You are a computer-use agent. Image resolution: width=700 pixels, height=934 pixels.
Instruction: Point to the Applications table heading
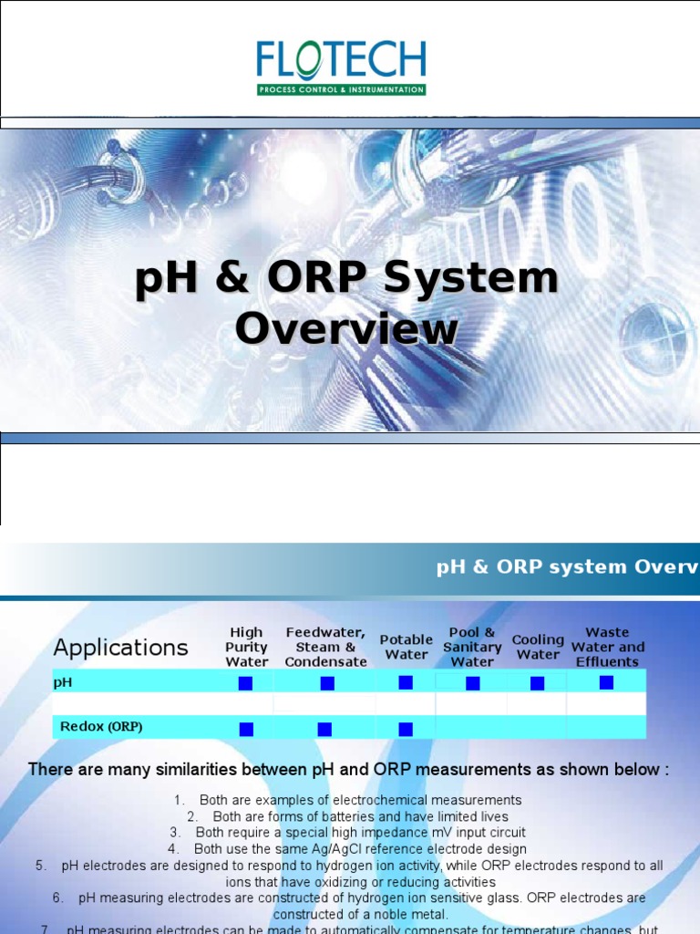120,648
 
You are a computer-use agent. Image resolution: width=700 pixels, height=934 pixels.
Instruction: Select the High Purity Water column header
246,647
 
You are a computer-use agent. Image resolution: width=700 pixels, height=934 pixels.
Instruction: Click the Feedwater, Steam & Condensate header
325,647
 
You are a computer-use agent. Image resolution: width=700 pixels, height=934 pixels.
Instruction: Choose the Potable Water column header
406,647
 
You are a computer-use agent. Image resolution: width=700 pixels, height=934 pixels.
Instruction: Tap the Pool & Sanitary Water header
472,647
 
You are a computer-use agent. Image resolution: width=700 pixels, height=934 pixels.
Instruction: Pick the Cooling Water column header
538,647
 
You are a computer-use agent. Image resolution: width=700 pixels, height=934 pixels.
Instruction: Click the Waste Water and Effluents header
607,647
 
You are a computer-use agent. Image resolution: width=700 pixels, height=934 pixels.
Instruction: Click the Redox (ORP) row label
101,727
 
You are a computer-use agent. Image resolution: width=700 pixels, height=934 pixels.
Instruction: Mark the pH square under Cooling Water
537,683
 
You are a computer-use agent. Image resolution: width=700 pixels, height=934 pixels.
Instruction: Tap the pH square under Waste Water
606,682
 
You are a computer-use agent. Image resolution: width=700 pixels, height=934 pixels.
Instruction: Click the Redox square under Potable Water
406,729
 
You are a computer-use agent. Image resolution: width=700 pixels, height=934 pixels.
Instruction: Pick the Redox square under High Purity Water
246,729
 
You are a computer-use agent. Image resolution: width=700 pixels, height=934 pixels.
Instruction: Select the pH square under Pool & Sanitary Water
472,683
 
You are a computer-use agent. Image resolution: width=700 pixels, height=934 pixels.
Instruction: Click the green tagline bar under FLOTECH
341,90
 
